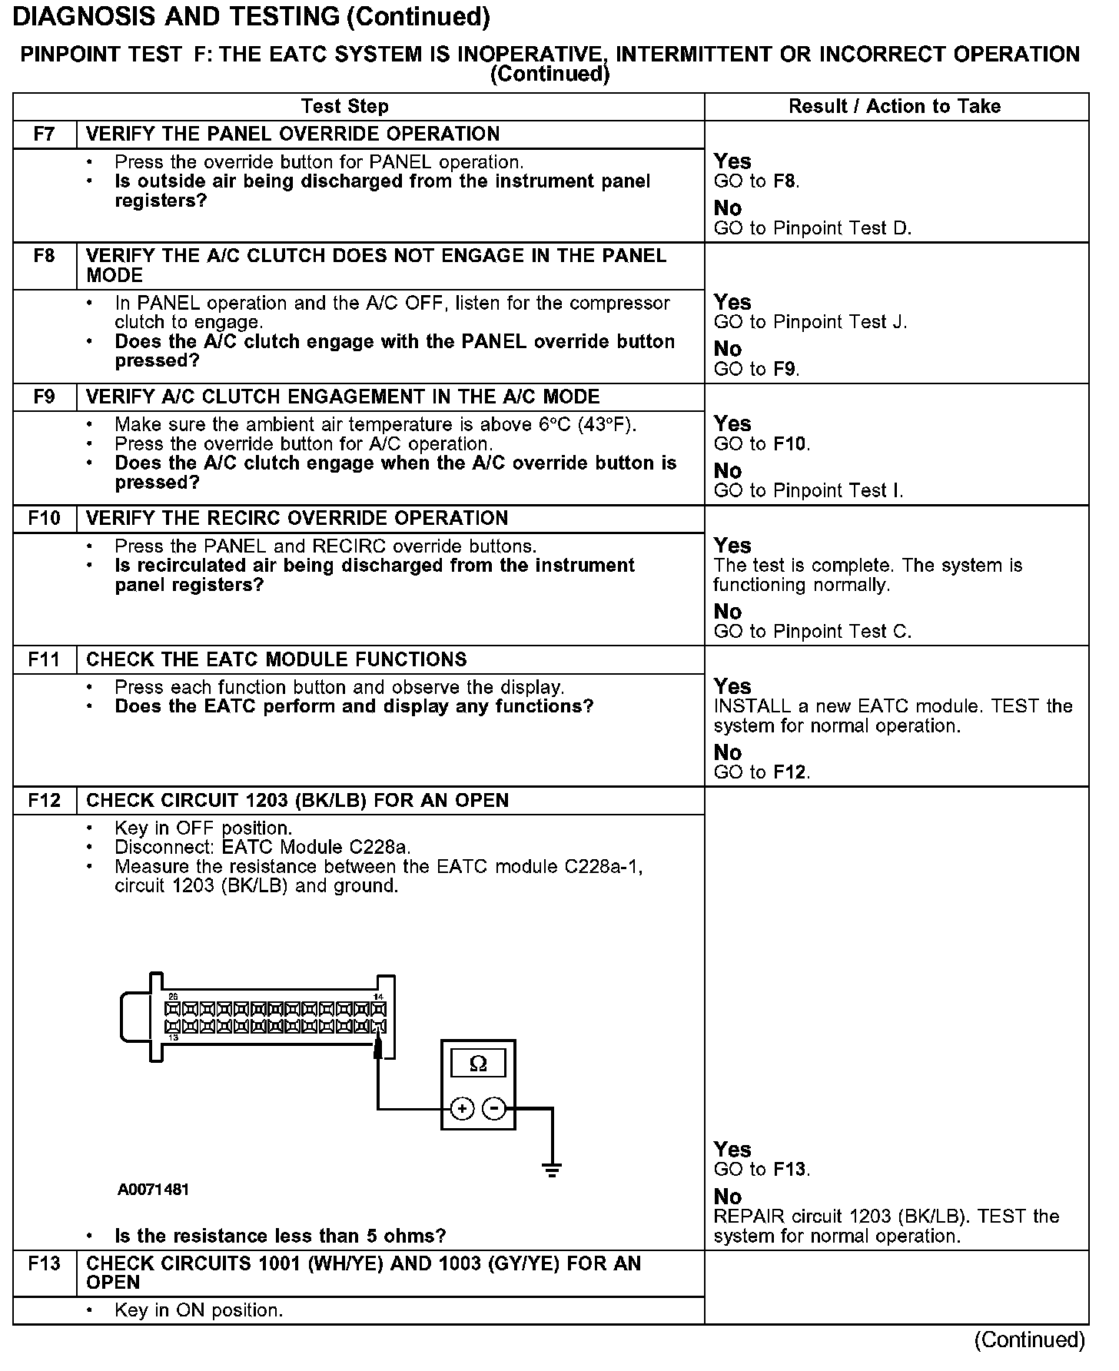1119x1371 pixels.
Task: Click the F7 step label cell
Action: (x=45, y=134)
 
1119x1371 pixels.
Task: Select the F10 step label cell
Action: (x=45, y=519)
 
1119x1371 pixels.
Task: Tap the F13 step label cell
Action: (x=45, y=1263)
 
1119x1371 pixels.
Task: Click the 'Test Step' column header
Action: (x=344, y=107)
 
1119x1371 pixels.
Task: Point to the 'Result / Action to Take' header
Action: (x=895, y=107)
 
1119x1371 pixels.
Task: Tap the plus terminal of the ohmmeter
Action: (x=461, y=1108)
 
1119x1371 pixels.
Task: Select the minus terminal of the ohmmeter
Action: (x=495, y=1108)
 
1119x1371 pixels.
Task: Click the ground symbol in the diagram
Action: (x=552, y=1170)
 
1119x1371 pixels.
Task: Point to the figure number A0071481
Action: (x=154, y=1190)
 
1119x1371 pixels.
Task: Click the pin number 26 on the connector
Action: (x=173, y=997)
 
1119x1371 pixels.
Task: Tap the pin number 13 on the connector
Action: (x=173, y=1037)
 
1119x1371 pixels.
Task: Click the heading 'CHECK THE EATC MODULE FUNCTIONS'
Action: (x=277, y=659)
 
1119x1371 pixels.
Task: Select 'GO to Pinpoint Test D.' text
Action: (x=812, y=228)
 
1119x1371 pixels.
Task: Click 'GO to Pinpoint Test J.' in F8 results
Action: (x=810, y=322)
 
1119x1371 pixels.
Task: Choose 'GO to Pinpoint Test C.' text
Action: (x=812, y=632)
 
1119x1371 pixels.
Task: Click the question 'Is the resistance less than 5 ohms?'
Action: (x=280, y=1236)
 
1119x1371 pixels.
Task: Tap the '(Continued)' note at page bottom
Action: (x=1029, y=1339)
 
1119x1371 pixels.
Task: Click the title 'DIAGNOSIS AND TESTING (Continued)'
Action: (x=251, y=17)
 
